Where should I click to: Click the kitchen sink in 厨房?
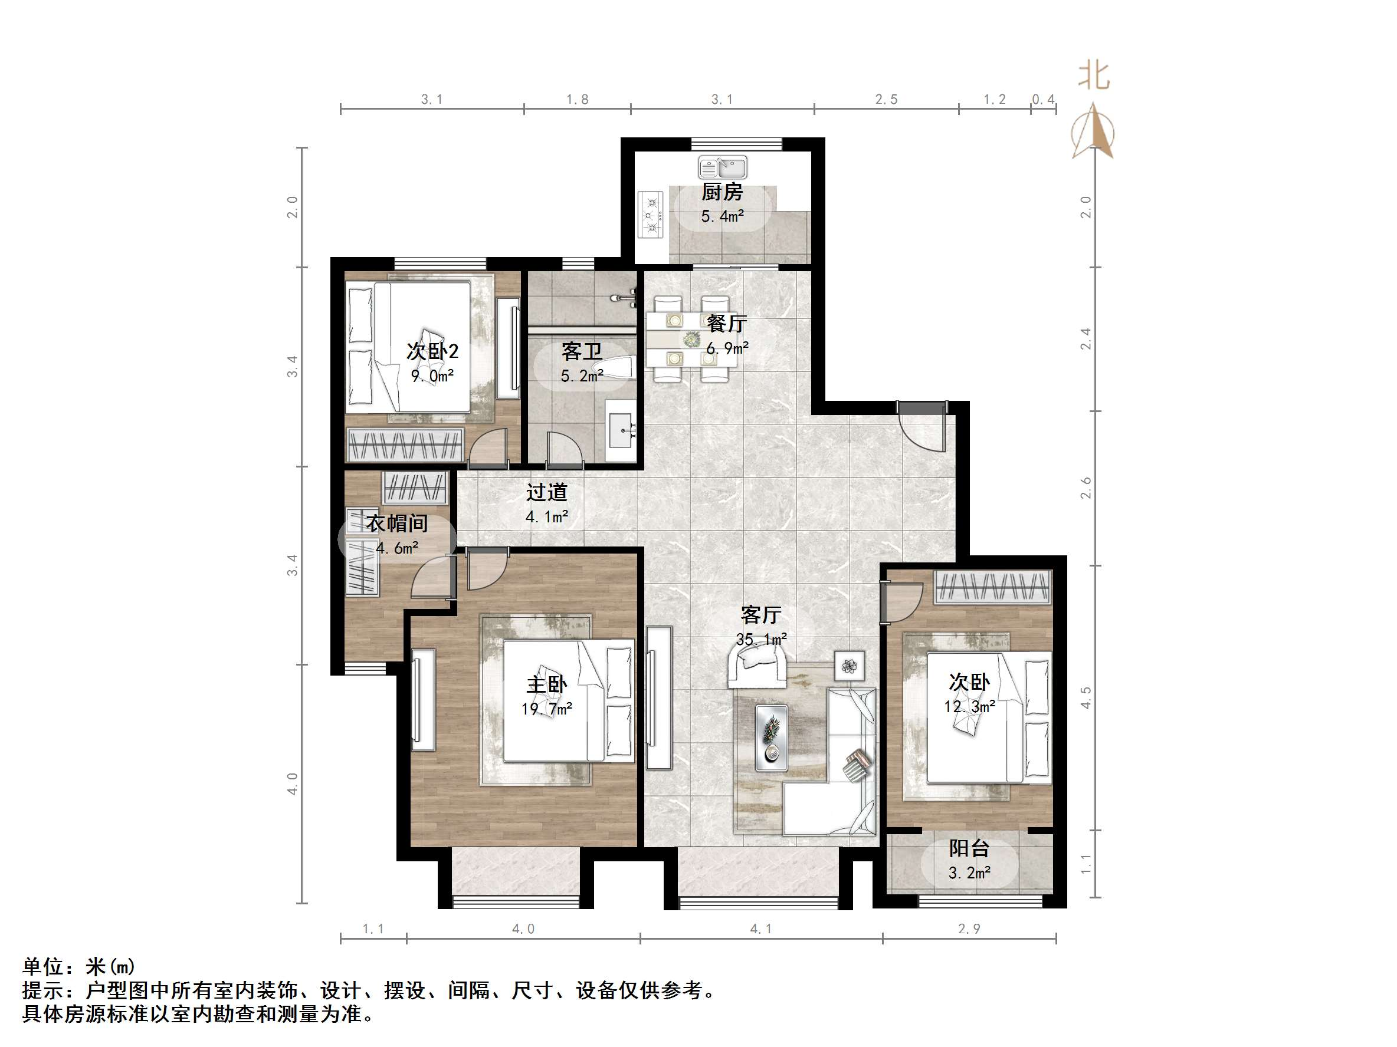[723, 168]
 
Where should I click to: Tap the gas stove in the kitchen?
[651, 215]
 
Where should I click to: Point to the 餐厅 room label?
[726, 324]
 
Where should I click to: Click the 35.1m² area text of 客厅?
[761, 638]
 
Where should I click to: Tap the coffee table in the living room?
[771, 737]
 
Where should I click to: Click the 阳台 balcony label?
[969, 848]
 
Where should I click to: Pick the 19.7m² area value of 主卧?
[547, 709]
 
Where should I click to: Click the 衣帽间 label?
[397, 523]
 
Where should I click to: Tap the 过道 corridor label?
[547, 492]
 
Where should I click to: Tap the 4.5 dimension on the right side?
[1086, 697]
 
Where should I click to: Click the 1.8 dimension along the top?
[576, 99]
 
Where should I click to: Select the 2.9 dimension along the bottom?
[969, 929]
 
